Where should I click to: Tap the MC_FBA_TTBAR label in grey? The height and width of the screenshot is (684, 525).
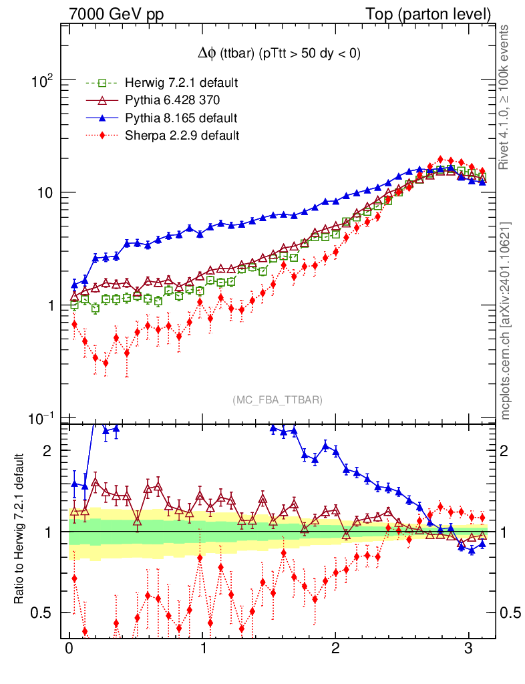pos(277,399)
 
